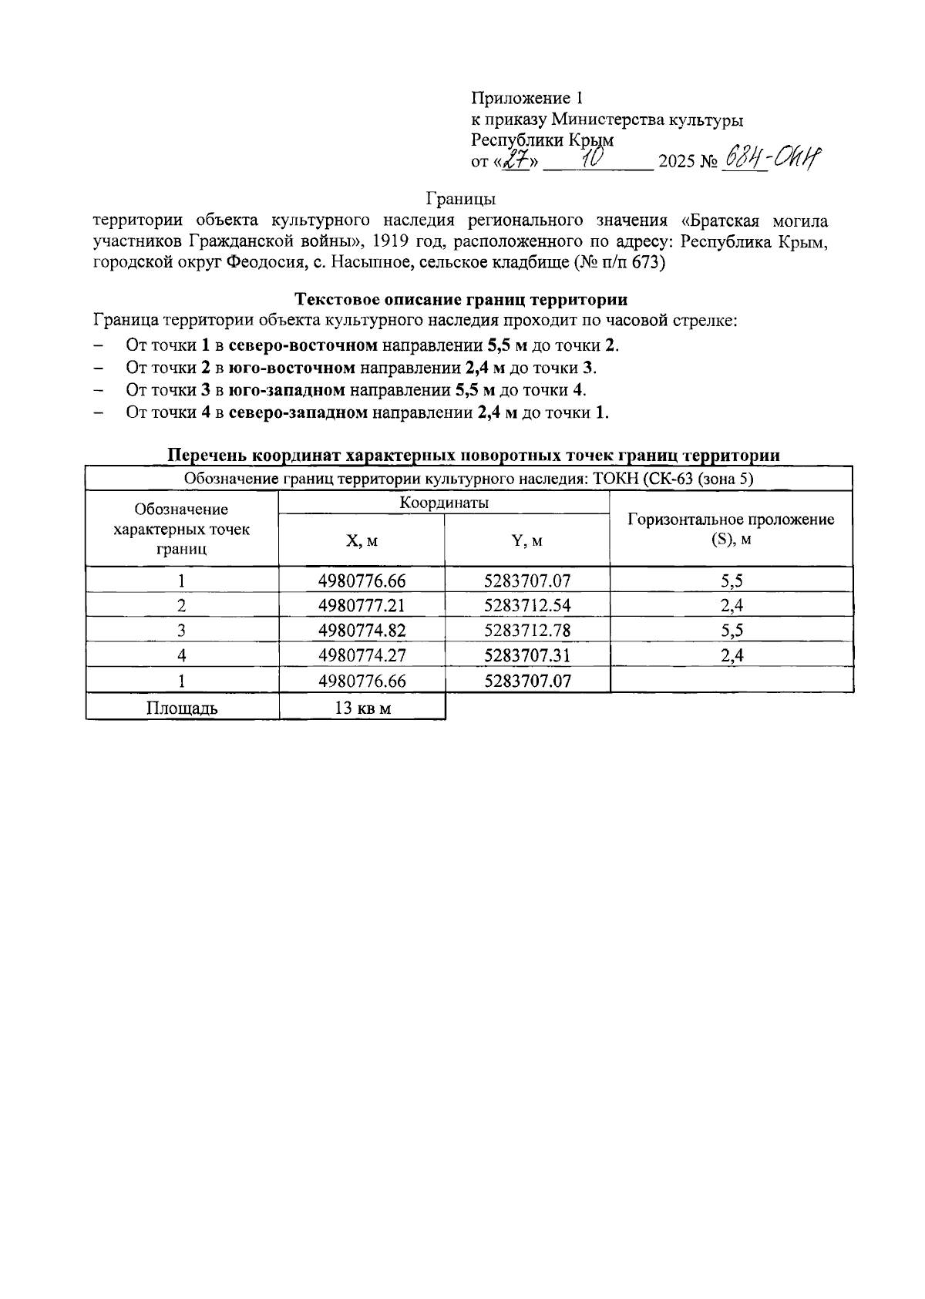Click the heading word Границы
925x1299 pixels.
pyautogui.click(x=460, y=200)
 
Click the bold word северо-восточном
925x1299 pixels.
pyautogui.click(x=303, y=345)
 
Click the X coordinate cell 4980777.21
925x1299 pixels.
pyautogui.click(x=362, y=605)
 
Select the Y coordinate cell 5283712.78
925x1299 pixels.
pyautogui.click(x=527, y=631)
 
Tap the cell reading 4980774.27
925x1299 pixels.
pyautogui.click(x=362, y=656)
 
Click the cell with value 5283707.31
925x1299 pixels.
pyautogui.click(x=527, y=656)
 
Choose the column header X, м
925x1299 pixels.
pyautogui.click(x=362, y=541)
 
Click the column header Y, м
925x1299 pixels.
pyautogui.click(x=527, y=541)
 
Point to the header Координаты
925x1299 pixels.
pyautogui.click(x=444, y=503)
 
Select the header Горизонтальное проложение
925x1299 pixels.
pyautogui.click(x=731, y=520)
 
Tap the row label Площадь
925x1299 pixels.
pyautogui.click(x=182, y=708)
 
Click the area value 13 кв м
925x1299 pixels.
pyautogui.click(x=362, y=708)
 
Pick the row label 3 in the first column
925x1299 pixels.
pyautogui.click(x=182, y=631)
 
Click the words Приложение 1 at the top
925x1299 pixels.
pyautogui.click(x=527, y=99)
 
